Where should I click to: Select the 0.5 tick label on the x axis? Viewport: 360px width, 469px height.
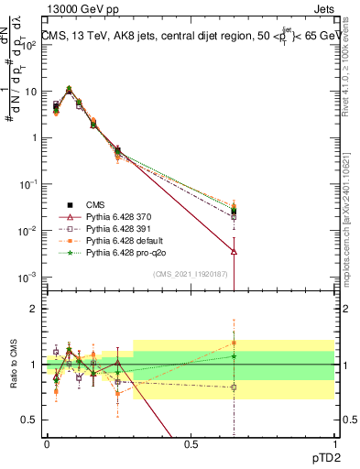pos(190,443)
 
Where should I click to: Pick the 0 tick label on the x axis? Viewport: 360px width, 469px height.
pos(47,443)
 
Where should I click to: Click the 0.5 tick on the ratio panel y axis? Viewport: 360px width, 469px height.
pos(29,421)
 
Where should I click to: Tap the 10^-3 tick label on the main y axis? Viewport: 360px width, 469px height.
pos(27,277)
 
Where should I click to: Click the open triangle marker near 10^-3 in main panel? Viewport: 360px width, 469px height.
pos(235,251)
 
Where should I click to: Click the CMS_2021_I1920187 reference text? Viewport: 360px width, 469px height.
pos(191,275)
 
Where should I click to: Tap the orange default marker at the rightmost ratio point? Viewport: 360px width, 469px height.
pos(235,343)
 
